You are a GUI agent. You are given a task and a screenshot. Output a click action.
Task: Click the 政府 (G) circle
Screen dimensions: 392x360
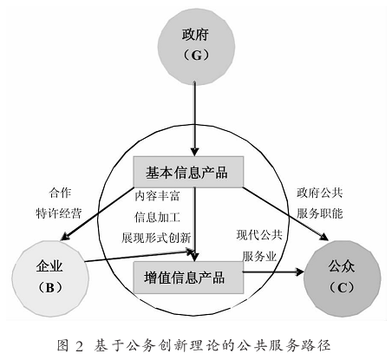196,47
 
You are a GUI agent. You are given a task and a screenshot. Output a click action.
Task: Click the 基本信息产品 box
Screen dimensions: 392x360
188,172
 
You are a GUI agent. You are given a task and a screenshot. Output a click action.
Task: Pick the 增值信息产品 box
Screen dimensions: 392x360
188,278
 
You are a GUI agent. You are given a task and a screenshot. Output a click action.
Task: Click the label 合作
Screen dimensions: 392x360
60,193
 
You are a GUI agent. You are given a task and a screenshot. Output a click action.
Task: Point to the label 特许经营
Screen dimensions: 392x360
59,213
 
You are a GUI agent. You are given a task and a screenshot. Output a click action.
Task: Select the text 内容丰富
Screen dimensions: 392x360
157,196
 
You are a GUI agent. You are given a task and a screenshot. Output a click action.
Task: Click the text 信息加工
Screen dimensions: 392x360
157,217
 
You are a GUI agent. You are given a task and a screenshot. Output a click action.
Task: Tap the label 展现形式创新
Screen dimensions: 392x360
156,238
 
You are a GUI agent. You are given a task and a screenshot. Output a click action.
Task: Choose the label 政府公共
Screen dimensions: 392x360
320,193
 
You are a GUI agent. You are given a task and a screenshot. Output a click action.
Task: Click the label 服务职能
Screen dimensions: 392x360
320,213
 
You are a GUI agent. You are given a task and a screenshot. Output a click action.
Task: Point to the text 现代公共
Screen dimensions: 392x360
259,235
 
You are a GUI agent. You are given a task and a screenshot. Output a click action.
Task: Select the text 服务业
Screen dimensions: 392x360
259,256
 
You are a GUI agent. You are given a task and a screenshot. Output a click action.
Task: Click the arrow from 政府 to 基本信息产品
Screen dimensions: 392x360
195,119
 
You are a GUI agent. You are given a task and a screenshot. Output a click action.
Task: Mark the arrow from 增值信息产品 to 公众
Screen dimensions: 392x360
273,272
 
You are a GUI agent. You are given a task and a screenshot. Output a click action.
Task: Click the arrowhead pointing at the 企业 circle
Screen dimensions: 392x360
65,236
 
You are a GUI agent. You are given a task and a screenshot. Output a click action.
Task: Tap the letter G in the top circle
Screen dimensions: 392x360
197,56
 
